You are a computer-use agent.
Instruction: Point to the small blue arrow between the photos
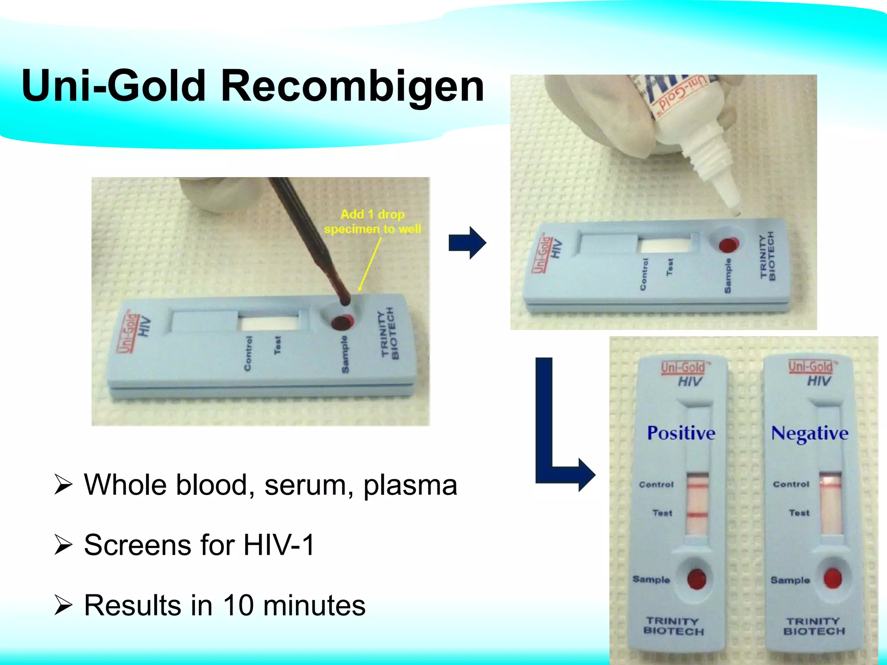[x=467, y=242]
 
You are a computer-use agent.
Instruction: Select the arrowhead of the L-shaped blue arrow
[x=586, y=475]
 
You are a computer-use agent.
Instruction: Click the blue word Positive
[x=681, y=433]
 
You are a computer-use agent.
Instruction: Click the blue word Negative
[x=809, y=433]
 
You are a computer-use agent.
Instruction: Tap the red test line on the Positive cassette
[x=697, y=515]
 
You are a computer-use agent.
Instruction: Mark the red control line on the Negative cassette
[x=830, y=487]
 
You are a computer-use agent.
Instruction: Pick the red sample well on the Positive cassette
[x=697, y=579]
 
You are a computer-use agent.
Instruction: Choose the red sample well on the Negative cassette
[x=832, y=578]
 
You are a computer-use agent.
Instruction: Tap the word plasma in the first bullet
[x=410, y=484]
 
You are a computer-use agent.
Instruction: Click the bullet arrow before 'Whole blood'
[x=63, y=484]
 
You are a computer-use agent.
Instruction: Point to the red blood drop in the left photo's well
[x=342, y=322]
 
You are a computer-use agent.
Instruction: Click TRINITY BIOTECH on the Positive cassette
[x=673, y=626]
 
